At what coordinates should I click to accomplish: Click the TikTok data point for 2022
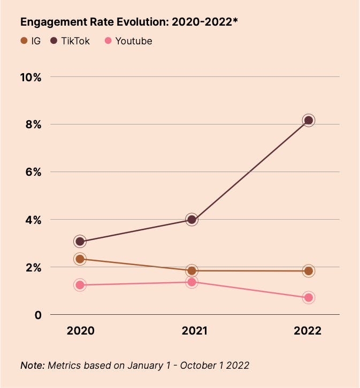coord(308,120)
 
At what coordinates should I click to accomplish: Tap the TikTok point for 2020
coord(80,242)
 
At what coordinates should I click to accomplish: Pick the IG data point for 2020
coord(80,259)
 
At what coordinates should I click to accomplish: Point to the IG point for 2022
coord(308,271)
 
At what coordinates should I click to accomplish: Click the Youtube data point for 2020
coord(80,285)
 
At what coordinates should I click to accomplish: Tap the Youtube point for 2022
coord(308,298)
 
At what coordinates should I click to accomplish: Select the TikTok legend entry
coord(70,41)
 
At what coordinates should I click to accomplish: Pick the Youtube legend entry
coord(128,41)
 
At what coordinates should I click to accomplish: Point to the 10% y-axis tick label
coord(30,77)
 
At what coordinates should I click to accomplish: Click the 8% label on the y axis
coord(33,125)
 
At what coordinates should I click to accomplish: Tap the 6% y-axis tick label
coord(33,172)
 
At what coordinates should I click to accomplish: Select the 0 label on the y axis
coord(37,315)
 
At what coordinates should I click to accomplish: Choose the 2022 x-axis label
coord(308,331)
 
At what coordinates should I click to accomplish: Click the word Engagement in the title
coord(48,22)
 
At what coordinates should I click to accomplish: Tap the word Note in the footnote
coord(32,366)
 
